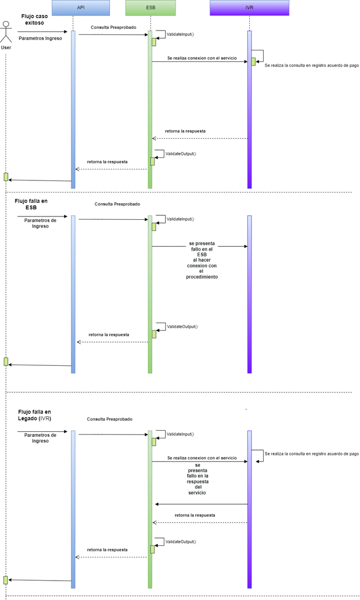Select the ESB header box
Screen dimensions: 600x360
(151, 8)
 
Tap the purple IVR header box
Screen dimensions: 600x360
(249, 8)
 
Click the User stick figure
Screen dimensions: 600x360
(6, 32)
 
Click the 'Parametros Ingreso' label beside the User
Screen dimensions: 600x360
(40, 39)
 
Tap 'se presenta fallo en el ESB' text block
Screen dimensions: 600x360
(202, 260)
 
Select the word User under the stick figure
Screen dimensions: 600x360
(6, 48)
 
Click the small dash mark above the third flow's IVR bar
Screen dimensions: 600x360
(246, 408)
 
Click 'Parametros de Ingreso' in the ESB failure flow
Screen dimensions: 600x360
(40, 223)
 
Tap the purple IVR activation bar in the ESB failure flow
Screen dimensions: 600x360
(249, 293)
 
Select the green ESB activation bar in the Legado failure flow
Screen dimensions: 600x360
(150, 509)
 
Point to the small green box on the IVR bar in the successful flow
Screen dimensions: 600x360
(253, 61)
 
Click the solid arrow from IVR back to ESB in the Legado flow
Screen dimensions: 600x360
(201, 504)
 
